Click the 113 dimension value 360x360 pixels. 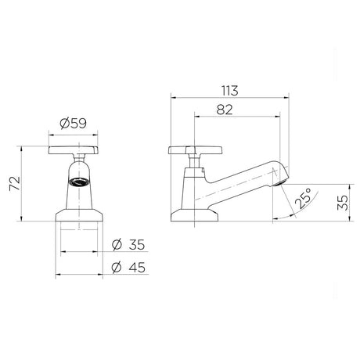point(230,91)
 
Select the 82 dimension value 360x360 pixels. point(225,110)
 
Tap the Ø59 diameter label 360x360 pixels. point(73,123)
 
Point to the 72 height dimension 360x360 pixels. point(15,184)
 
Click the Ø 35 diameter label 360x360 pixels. point(128,245)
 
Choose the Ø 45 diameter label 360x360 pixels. point(128,268)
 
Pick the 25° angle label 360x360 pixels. point(303,198)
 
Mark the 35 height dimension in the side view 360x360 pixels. point(343,203)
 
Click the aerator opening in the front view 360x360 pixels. point(79,182)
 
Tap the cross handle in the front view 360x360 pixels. point(74,150)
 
